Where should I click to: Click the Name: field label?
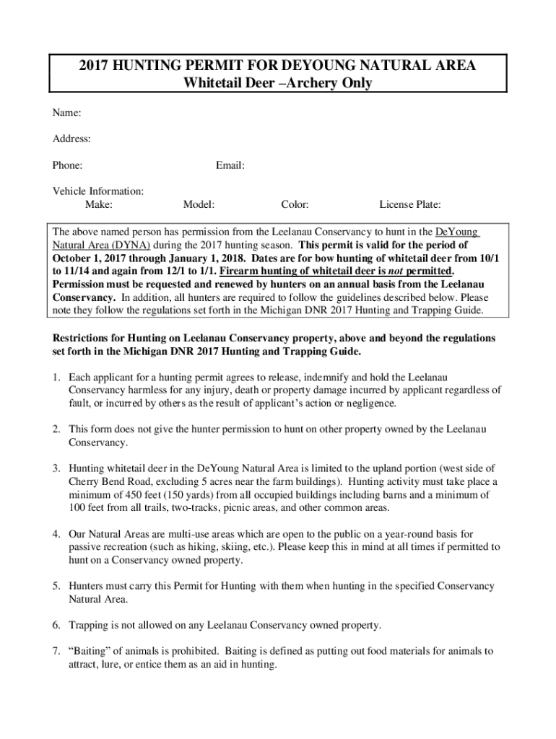point(66,113)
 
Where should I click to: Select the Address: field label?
point(71,139)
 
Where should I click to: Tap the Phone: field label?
point(67,165)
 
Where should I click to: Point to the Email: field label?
point(230,165)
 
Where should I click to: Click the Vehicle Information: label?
point(97,191)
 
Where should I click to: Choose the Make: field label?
point(98,205)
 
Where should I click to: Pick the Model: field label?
point(199,205)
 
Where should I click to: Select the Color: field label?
point(295,205)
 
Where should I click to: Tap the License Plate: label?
point(410,205)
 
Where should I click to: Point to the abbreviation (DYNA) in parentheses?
point(131,245)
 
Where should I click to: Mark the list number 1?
point(56,377)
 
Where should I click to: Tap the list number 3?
point(56,469)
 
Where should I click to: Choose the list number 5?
point(56,586)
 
